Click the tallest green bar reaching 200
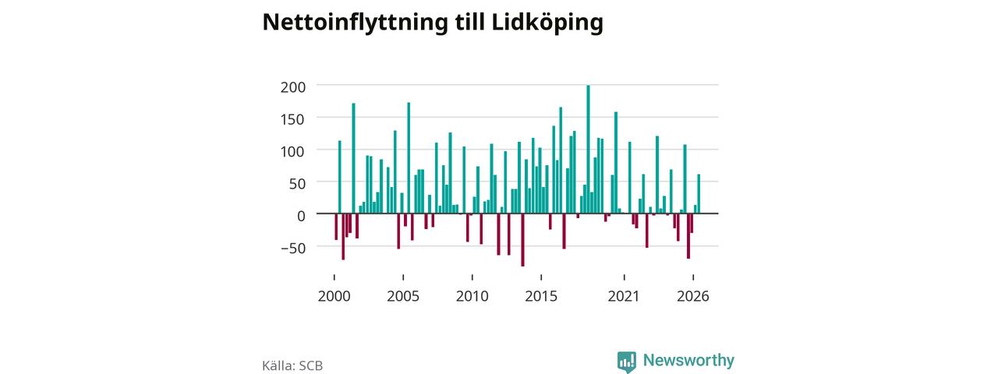[x=588, y=149]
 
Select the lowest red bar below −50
[x=522, y=240]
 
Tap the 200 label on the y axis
[x=293, y=87]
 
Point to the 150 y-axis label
[x=293, y=119]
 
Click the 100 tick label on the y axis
[x=293, y=151]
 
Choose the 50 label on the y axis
[x=298, y=183]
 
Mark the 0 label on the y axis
[x=302, y=216]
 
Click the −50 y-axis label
[x=293, y=248]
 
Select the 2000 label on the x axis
[x=334, y=296]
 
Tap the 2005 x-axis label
[x=403, y=296]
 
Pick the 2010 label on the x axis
[x=472, y=296]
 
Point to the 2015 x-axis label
[x=541, y=296]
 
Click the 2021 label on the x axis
[x=624, y=296]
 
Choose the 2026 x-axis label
[x=693, y=296]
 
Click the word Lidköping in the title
[x=547, y=23]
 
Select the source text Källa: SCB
[x=292, y=365]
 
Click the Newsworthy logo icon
[x=627, y=362]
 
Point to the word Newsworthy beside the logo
[x=688, y=360]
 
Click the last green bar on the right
[x=699, y=194]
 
